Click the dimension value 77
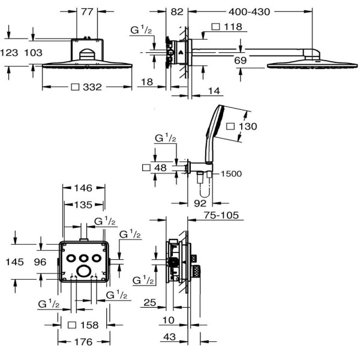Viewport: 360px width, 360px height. coord(87,12)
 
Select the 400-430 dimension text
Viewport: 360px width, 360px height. coord(249,12)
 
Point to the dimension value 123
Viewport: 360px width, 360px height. coord(9,53)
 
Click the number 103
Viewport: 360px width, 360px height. coord(34,53)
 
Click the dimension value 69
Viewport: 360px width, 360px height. coord(240,61)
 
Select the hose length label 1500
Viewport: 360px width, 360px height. coord(231,173)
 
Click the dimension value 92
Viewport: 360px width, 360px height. coord(200,203)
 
